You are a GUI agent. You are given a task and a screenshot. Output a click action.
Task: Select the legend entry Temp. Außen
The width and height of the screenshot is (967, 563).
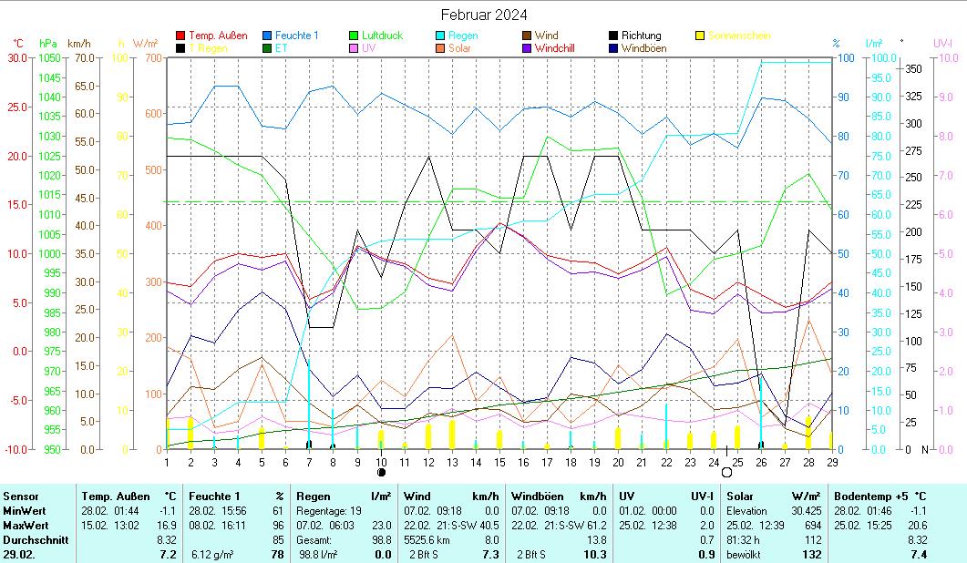[217, 36]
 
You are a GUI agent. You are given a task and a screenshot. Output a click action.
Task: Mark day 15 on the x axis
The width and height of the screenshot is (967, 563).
[499, 462]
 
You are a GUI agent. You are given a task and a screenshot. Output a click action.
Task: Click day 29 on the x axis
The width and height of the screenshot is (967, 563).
[831, 462]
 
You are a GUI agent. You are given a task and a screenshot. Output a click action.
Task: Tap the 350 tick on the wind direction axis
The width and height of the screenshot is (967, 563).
[911, 69]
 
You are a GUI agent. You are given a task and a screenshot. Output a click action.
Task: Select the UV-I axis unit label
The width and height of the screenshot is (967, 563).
[942, 43]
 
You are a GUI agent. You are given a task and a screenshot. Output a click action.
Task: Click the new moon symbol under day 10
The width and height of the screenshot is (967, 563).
[381, 473]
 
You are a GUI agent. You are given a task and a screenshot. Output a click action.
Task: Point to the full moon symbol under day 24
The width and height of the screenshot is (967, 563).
[726, 473]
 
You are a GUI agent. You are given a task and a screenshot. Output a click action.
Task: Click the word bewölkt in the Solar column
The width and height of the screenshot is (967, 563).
[745, 554]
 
